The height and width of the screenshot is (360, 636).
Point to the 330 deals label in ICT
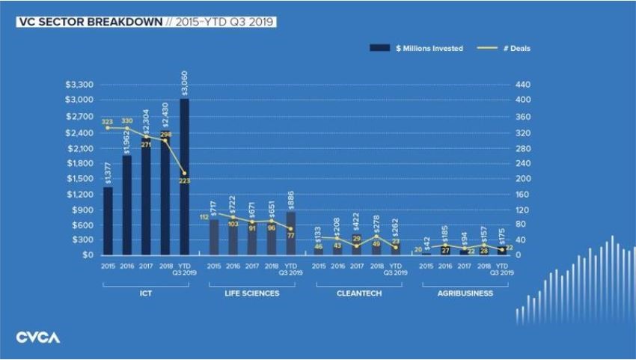click(127, 120)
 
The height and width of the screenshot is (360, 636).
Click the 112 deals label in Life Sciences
click(203, 217)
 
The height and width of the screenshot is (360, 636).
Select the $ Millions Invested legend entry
click(417, 48)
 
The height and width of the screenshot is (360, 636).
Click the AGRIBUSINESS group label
click(465, 293)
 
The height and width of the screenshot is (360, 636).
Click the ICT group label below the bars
click(146, 293)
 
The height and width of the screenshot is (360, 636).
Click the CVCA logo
click(38, 338)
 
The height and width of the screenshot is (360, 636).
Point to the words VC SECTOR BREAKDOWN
click(88, 22)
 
